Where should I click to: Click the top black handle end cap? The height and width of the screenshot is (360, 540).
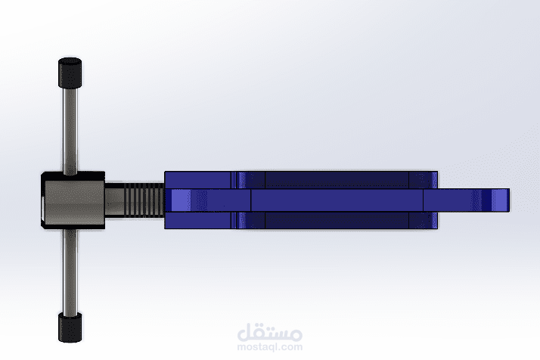(x=70, y=73)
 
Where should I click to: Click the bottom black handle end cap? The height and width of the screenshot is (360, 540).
(x=70, y=327)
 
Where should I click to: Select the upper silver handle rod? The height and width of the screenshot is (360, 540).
(x=70, y=130)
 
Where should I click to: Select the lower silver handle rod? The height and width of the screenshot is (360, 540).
(x=70, y=271)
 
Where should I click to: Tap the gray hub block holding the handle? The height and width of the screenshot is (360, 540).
(x=73, y=200)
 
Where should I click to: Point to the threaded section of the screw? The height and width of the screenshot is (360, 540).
(x=144, y=200)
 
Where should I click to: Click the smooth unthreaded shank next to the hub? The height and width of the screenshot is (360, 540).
(x=114, y=200)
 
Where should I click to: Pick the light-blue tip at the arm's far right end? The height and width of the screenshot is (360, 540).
(x=500, y=200)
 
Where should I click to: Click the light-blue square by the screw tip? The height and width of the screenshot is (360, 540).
(x=181, y=200)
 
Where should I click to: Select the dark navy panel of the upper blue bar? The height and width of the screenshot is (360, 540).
(x=337, y=180)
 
